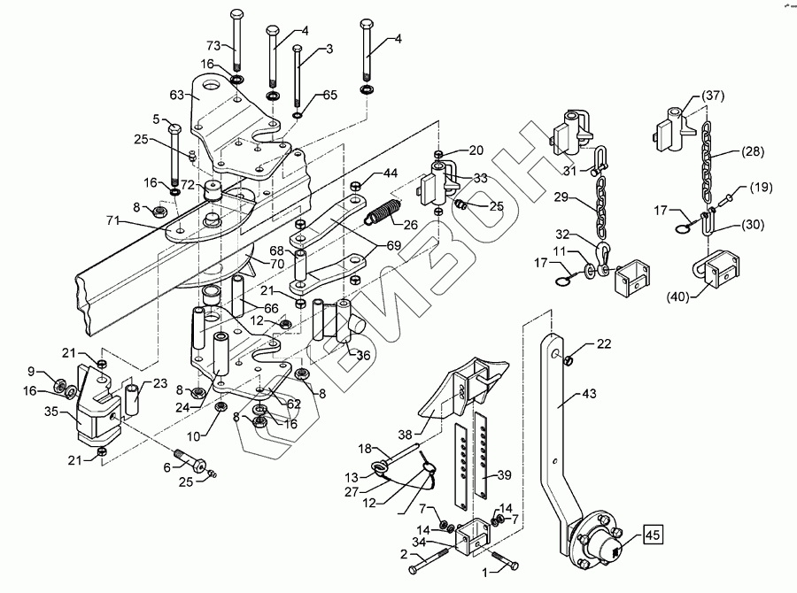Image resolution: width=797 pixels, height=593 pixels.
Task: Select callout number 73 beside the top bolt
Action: [x=213, y=45]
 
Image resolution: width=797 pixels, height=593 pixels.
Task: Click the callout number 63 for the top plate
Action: [x=176, y=94]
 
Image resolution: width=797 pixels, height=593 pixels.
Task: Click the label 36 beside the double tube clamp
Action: [x=362, y=357]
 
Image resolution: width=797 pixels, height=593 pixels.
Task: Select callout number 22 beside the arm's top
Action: [x=603, y=343]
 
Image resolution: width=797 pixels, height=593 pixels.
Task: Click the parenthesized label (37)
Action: [x=713, y=96]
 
